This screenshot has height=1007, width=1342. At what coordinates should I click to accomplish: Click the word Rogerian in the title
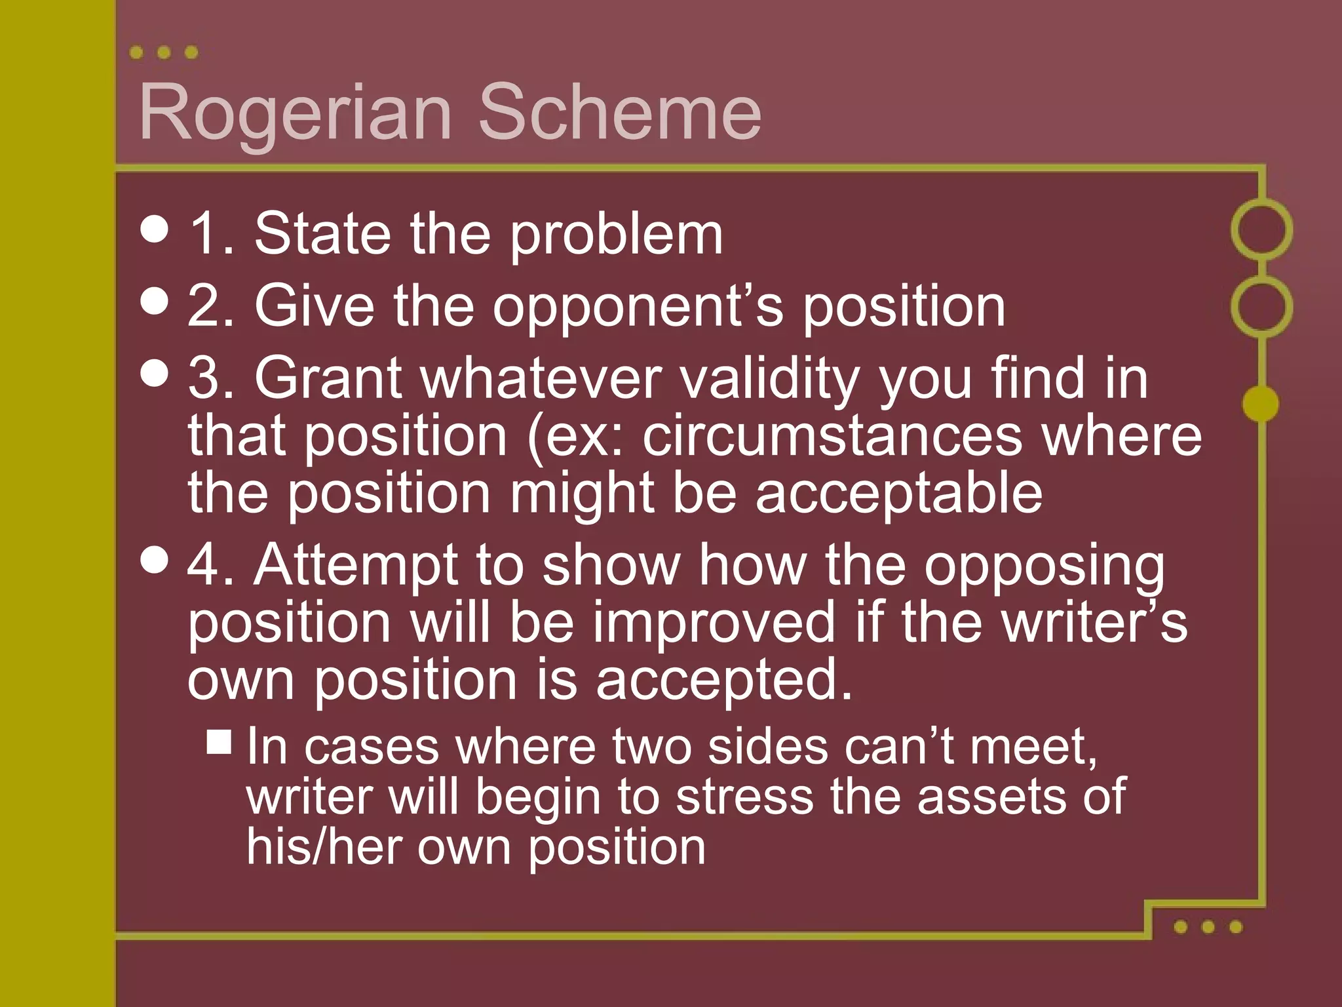[x=296, y=113]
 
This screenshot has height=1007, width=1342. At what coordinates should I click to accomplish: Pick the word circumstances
[x=832, y=437]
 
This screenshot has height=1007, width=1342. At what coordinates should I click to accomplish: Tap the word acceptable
[x=898, y=493]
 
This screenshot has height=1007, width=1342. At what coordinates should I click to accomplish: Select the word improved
[x=714, y=623]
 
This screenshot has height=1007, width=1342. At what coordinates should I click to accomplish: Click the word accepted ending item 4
[x=723, y=681]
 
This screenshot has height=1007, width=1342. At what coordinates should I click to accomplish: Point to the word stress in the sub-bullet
[x=744, y=797]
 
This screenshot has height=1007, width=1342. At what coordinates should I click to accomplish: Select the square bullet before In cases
[x=219, y=742]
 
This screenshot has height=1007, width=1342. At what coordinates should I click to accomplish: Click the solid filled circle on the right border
[x=1261, y=403]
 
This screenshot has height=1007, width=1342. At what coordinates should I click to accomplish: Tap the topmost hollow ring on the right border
[x=1261, y=229]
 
